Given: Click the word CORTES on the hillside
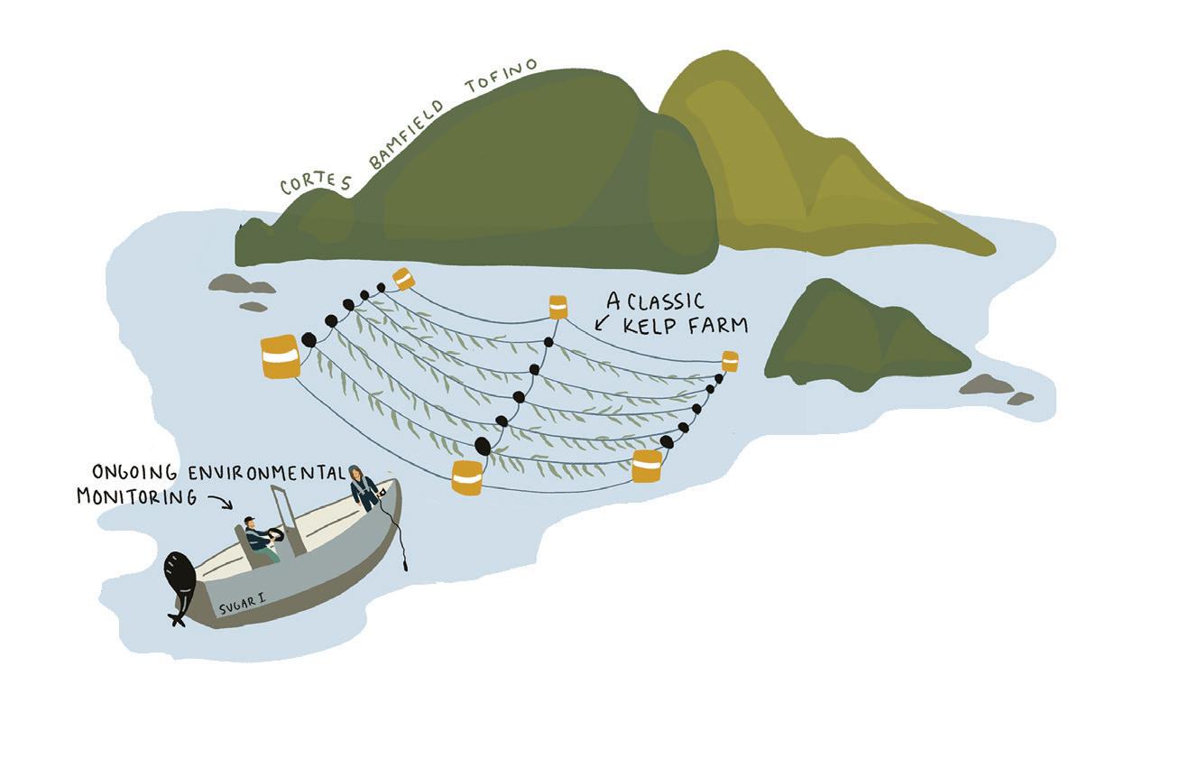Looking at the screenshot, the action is (315, 181).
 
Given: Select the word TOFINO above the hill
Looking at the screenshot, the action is (502, 78).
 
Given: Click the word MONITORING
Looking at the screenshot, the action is (136, 496).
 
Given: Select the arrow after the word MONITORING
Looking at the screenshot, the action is (219, 502).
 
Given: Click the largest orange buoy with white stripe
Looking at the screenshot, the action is (280, 356).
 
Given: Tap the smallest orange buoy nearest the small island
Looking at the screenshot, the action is (730, 361).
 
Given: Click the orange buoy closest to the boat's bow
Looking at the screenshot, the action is (467, 477).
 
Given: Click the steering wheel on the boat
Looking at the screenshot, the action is (275, 535).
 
